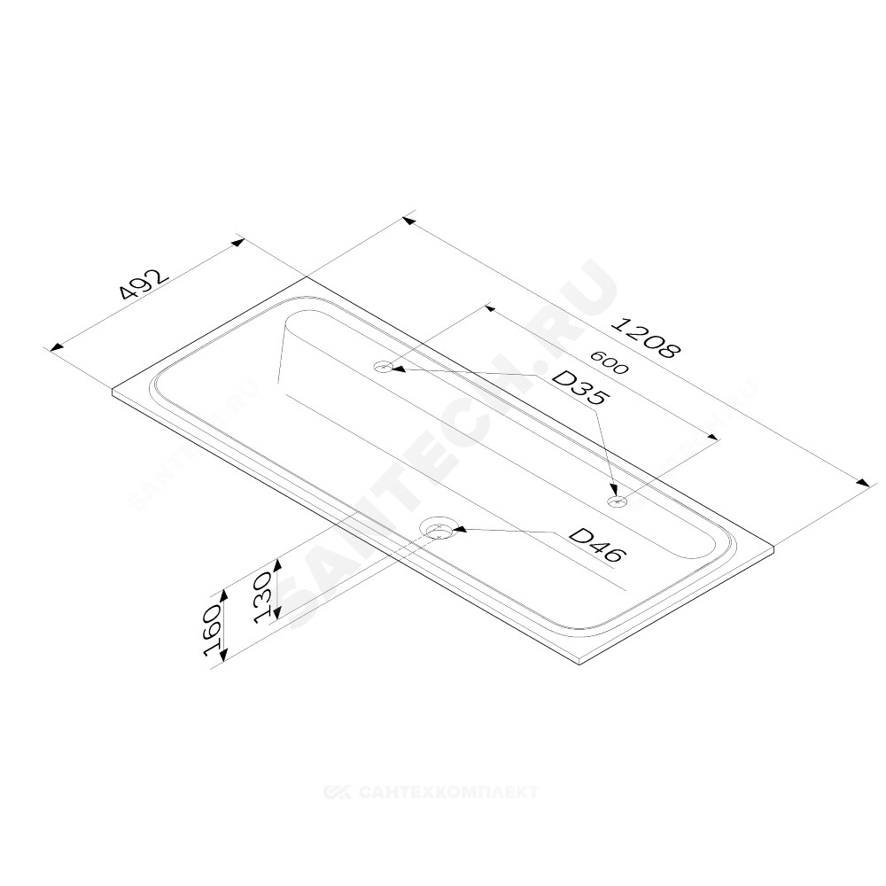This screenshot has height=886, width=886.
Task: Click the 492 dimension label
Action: coord(144,285)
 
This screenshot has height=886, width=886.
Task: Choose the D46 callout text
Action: coord(596,545)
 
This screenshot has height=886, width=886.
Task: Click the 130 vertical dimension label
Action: coord(266,595)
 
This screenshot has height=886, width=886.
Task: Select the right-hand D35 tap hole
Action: coord(617,501)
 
